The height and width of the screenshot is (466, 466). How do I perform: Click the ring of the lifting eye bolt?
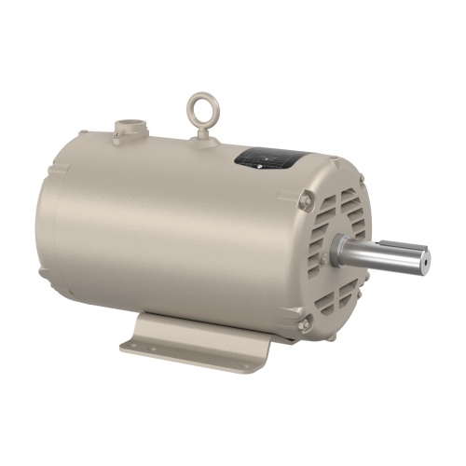(x=203, y=104)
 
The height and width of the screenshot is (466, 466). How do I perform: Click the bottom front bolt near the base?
(x=305, y=322)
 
